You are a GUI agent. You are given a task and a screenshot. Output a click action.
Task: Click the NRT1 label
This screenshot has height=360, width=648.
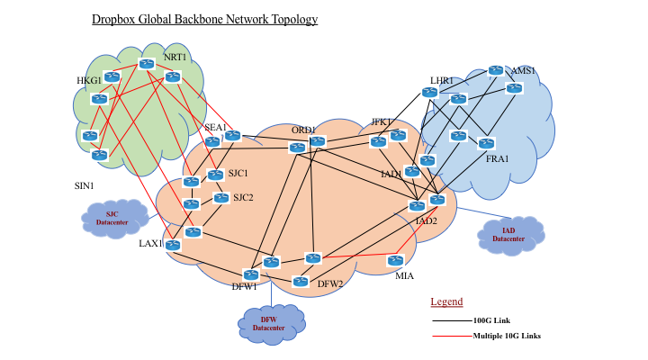(175, 58)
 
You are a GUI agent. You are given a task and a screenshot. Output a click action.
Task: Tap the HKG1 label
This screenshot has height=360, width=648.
(89, 81)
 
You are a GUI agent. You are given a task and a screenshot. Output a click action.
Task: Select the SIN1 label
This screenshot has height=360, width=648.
(84, 186)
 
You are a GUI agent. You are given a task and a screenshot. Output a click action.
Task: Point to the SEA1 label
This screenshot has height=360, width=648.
(215, 127)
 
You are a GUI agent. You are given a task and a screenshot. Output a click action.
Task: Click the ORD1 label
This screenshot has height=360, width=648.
(303, 130)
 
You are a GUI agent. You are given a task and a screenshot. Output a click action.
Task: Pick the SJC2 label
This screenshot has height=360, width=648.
(243, 198)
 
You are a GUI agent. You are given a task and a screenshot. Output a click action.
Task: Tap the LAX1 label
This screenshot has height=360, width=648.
(150, 243)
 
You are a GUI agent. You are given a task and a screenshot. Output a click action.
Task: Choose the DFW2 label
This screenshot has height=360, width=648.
(330, 283)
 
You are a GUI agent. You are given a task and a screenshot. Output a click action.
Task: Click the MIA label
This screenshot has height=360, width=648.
(404, 276)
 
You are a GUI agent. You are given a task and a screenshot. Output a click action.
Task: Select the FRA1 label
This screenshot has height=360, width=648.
(497, 159)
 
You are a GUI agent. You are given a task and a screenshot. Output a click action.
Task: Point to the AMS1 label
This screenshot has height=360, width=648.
(523, 71)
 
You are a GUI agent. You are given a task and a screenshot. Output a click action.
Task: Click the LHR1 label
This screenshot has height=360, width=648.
(442, 81)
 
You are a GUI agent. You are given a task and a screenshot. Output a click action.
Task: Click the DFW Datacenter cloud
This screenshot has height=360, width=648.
(272, 325)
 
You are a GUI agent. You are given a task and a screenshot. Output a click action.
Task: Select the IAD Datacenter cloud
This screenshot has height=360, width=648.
(511, 235)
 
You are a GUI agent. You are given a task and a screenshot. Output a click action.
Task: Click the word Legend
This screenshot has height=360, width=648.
(446, 301)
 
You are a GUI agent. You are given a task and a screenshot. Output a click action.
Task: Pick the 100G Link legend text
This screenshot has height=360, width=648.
(491, 320)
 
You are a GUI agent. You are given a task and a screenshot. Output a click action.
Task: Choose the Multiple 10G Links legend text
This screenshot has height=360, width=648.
(507, 336)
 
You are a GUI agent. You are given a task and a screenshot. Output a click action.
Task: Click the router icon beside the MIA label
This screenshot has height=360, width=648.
(395, 260)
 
